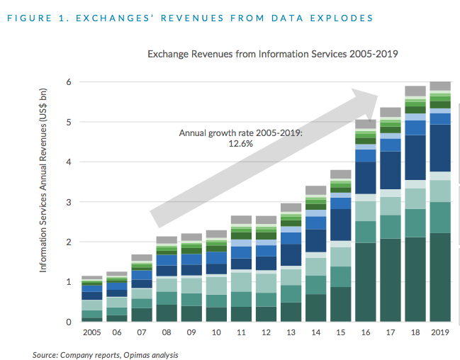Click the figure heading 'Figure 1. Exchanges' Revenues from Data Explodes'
pos(190,16)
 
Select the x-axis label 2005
pos(92,332)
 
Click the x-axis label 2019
pos(440,332)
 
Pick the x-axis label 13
pos(291,332)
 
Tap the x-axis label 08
pos(167,332)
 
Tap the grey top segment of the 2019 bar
pos(440,86)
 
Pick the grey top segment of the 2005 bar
pos(92,278)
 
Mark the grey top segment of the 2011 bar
pos(242,220)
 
